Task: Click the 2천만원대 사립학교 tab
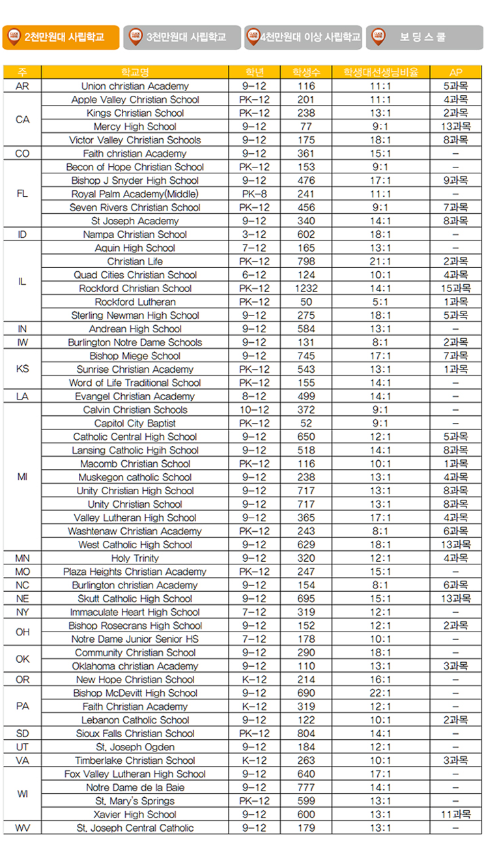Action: click(61, 37)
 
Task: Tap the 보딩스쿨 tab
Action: click(425, 37)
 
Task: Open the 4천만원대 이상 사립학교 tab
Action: click(304, 37)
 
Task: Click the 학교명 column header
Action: click(135, 72)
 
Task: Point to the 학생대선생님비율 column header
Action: click(380, 72)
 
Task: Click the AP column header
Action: click(455, 72)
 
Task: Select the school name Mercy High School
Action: click(135, 126)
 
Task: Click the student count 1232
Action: click(306, 288)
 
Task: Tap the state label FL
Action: click(22, 194)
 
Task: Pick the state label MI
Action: click(22, 477)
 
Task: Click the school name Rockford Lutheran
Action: click(135, 302)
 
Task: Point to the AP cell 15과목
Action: click(455, 288)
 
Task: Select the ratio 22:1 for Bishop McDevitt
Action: click(380, 693)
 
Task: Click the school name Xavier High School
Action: click(135, 814)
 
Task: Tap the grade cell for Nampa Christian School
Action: click(254, 234)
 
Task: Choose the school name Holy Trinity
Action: click(135, 558)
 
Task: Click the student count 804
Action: click(306, 733)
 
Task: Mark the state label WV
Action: click(22, 828)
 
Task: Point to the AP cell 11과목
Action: click(455, 814)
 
